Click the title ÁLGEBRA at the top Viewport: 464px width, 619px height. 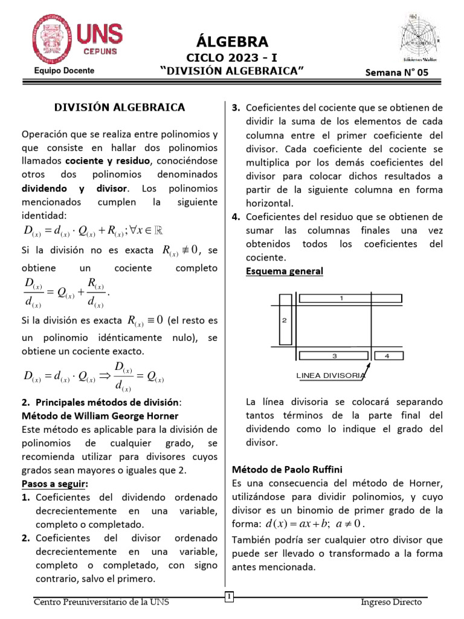tap(232, 42)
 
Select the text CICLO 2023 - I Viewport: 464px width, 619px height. tap(232, 58)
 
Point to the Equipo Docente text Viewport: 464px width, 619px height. tap(64, 71)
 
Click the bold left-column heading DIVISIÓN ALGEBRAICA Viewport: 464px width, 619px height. tap(120, 108)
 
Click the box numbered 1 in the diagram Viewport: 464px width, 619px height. tap(341, 298)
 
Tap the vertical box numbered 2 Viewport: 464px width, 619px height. tap(284, 320)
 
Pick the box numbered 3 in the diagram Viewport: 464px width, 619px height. tap(333, 355)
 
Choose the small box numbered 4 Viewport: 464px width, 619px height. tap(387, 355)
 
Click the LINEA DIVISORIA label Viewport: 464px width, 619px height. tap(330, 375)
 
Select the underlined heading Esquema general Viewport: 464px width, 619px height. tap(284, 271)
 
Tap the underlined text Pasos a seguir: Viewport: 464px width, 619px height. tap(55, 484)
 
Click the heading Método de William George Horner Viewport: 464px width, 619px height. tap(100, 416)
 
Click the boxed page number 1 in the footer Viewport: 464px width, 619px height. tap(229, 598)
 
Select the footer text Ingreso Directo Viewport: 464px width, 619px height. tap(391, 602)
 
